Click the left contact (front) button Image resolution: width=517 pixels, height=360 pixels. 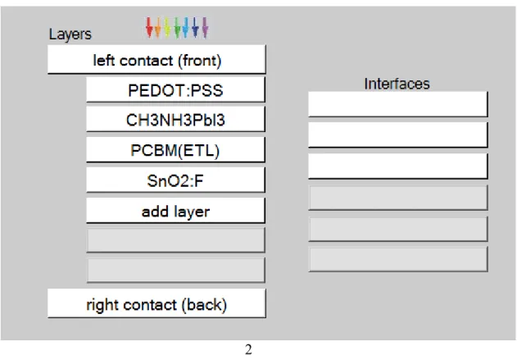click(156, 59)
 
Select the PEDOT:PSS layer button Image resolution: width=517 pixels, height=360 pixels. click(175, 89)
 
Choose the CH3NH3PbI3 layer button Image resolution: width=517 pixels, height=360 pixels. click(175, 120)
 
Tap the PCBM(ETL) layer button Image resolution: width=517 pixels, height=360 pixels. click(175, 150)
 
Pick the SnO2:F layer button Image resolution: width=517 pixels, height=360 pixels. click(175, 180)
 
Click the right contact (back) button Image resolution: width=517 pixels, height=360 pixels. click(156, 303)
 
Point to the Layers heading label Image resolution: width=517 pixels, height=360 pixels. click(70, 34)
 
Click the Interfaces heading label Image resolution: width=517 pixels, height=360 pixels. click(397, 84)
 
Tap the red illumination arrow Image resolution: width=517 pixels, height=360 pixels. click(149, 27)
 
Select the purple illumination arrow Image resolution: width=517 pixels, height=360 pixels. click(205, 27)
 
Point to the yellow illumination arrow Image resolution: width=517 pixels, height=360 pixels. click(167, 27)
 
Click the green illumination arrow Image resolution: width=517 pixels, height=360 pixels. click(177, 27)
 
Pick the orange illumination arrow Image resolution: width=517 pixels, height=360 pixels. click(158, 27)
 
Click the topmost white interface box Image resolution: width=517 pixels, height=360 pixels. click(398, 104)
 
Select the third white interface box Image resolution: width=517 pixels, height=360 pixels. click(398, 166)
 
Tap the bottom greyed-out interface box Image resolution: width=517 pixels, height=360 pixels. click(398, 259)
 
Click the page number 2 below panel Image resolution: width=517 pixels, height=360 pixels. click(248, 349)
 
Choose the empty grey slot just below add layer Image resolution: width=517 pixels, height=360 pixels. click(175, 240)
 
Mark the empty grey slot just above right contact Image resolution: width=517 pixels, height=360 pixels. click(175, 271)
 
